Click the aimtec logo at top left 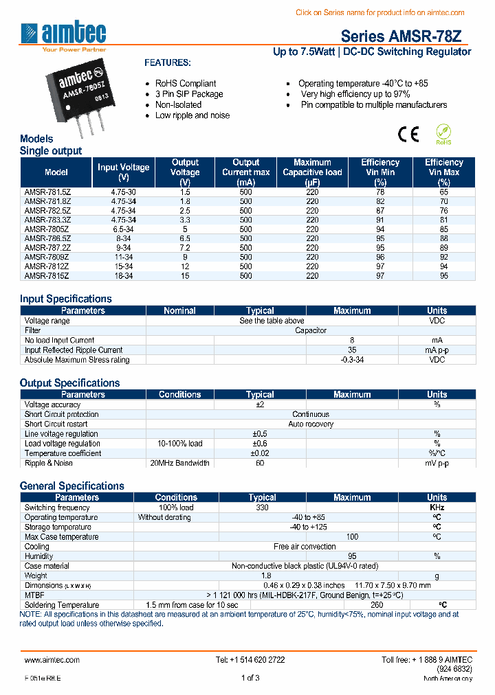tap(63, 36)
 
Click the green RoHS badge tap(443, 134)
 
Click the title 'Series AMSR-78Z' tap(406, 36)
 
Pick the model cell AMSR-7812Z tap(47, 266)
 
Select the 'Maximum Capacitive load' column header tap(312, 172)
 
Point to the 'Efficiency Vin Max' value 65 tap(443, 193)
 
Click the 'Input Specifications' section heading tap(65, 299)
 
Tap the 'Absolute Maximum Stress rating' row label tap(77, 360)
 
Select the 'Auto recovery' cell tap(311, 424)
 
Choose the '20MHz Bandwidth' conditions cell tap(179, 463)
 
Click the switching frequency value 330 tap(262, 508)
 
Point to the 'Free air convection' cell tap(305, 547)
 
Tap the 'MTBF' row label tap(34, 595)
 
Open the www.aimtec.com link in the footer tap(52, 659)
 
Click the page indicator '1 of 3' tap(250, 678)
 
